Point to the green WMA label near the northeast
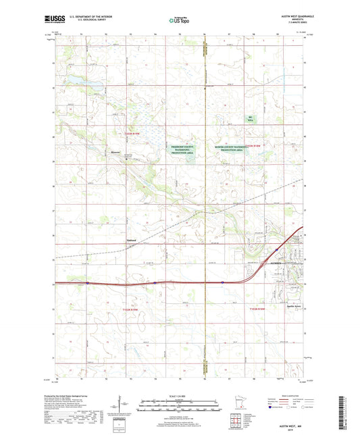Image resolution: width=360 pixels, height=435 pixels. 250,119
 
